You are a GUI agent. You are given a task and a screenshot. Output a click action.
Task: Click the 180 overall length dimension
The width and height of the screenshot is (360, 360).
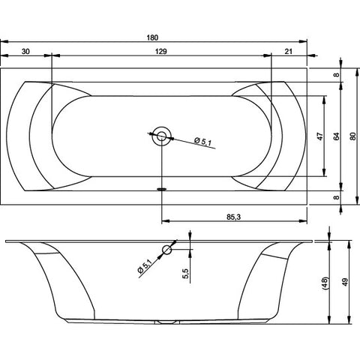152,37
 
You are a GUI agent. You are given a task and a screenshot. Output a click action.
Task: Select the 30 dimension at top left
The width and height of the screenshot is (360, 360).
25,52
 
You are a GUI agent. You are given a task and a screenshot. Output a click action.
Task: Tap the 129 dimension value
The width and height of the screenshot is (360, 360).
160,52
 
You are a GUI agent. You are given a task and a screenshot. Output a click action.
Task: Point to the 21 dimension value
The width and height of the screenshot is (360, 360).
289,52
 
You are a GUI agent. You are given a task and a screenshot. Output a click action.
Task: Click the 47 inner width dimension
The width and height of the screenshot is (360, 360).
320,136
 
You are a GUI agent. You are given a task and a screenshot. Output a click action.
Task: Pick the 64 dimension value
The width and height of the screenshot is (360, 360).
337,136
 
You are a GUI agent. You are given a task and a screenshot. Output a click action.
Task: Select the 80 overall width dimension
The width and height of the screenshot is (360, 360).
352,136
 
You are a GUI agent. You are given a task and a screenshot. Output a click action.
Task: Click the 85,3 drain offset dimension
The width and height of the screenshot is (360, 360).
233,217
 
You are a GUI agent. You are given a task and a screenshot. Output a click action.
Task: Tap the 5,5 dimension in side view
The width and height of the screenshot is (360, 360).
185,274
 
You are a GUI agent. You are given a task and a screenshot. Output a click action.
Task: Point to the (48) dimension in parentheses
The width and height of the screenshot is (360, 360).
325,283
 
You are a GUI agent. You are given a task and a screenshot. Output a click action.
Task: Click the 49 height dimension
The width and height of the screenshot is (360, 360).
345,283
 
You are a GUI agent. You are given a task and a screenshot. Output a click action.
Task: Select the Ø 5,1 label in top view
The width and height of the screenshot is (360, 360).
203,142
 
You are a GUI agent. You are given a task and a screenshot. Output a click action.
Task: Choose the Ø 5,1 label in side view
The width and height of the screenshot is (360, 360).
145,266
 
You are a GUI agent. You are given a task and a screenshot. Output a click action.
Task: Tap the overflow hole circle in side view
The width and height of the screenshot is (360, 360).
167,250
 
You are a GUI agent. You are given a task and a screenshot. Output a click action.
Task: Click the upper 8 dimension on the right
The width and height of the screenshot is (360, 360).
337,75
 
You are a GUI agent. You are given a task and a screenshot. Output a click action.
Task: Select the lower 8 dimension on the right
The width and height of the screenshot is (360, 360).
337,197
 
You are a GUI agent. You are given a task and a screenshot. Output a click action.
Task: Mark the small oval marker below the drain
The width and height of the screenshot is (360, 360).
162,189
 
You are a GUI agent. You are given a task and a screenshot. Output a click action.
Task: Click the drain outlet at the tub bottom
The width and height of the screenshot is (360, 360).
167,322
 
